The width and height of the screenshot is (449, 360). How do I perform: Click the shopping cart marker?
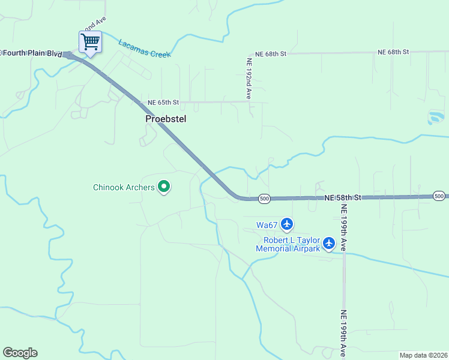[90, 43]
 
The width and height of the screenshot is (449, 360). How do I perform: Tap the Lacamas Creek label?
[144, 49]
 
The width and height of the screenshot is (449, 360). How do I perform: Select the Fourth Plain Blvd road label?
[31, 53]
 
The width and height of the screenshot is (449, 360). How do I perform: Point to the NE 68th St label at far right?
[393, 52]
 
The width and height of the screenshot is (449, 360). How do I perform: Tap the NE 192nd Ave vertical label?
[248, 77]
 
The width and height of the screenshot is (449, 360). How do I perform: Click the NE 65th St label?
[164, 103]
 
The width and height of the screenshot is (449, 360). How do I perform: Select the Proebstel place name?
[166, 119]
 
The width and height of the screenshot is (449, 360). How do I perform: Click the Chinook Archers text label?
[124, 187]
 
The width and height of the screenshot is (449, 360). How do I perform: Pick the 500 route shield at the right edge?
[439, 196]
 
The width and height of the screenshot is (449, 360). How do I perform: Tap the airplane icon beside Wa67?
[286, 224]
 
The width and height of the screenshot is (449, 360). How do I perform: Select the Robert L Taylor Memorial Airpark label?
[288, 244]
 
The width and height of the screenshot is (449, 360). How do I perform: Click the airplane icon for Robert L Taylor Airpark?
[328, 243]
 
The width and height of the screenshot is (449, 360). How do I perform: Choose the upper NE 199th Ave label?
[344, 222]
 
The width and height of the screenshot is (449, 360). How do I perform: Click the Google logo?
[20, 353]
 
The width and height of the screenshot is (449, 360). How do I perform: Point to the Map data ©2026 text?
[423, 355]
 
